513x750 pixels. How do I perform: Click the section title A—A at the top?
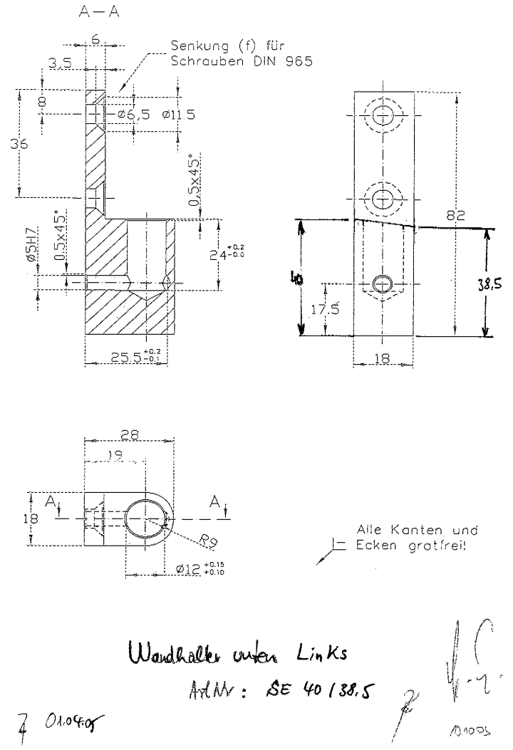coord(95,13)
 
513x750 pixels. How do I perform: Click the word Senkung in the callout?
coord(194,47)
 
